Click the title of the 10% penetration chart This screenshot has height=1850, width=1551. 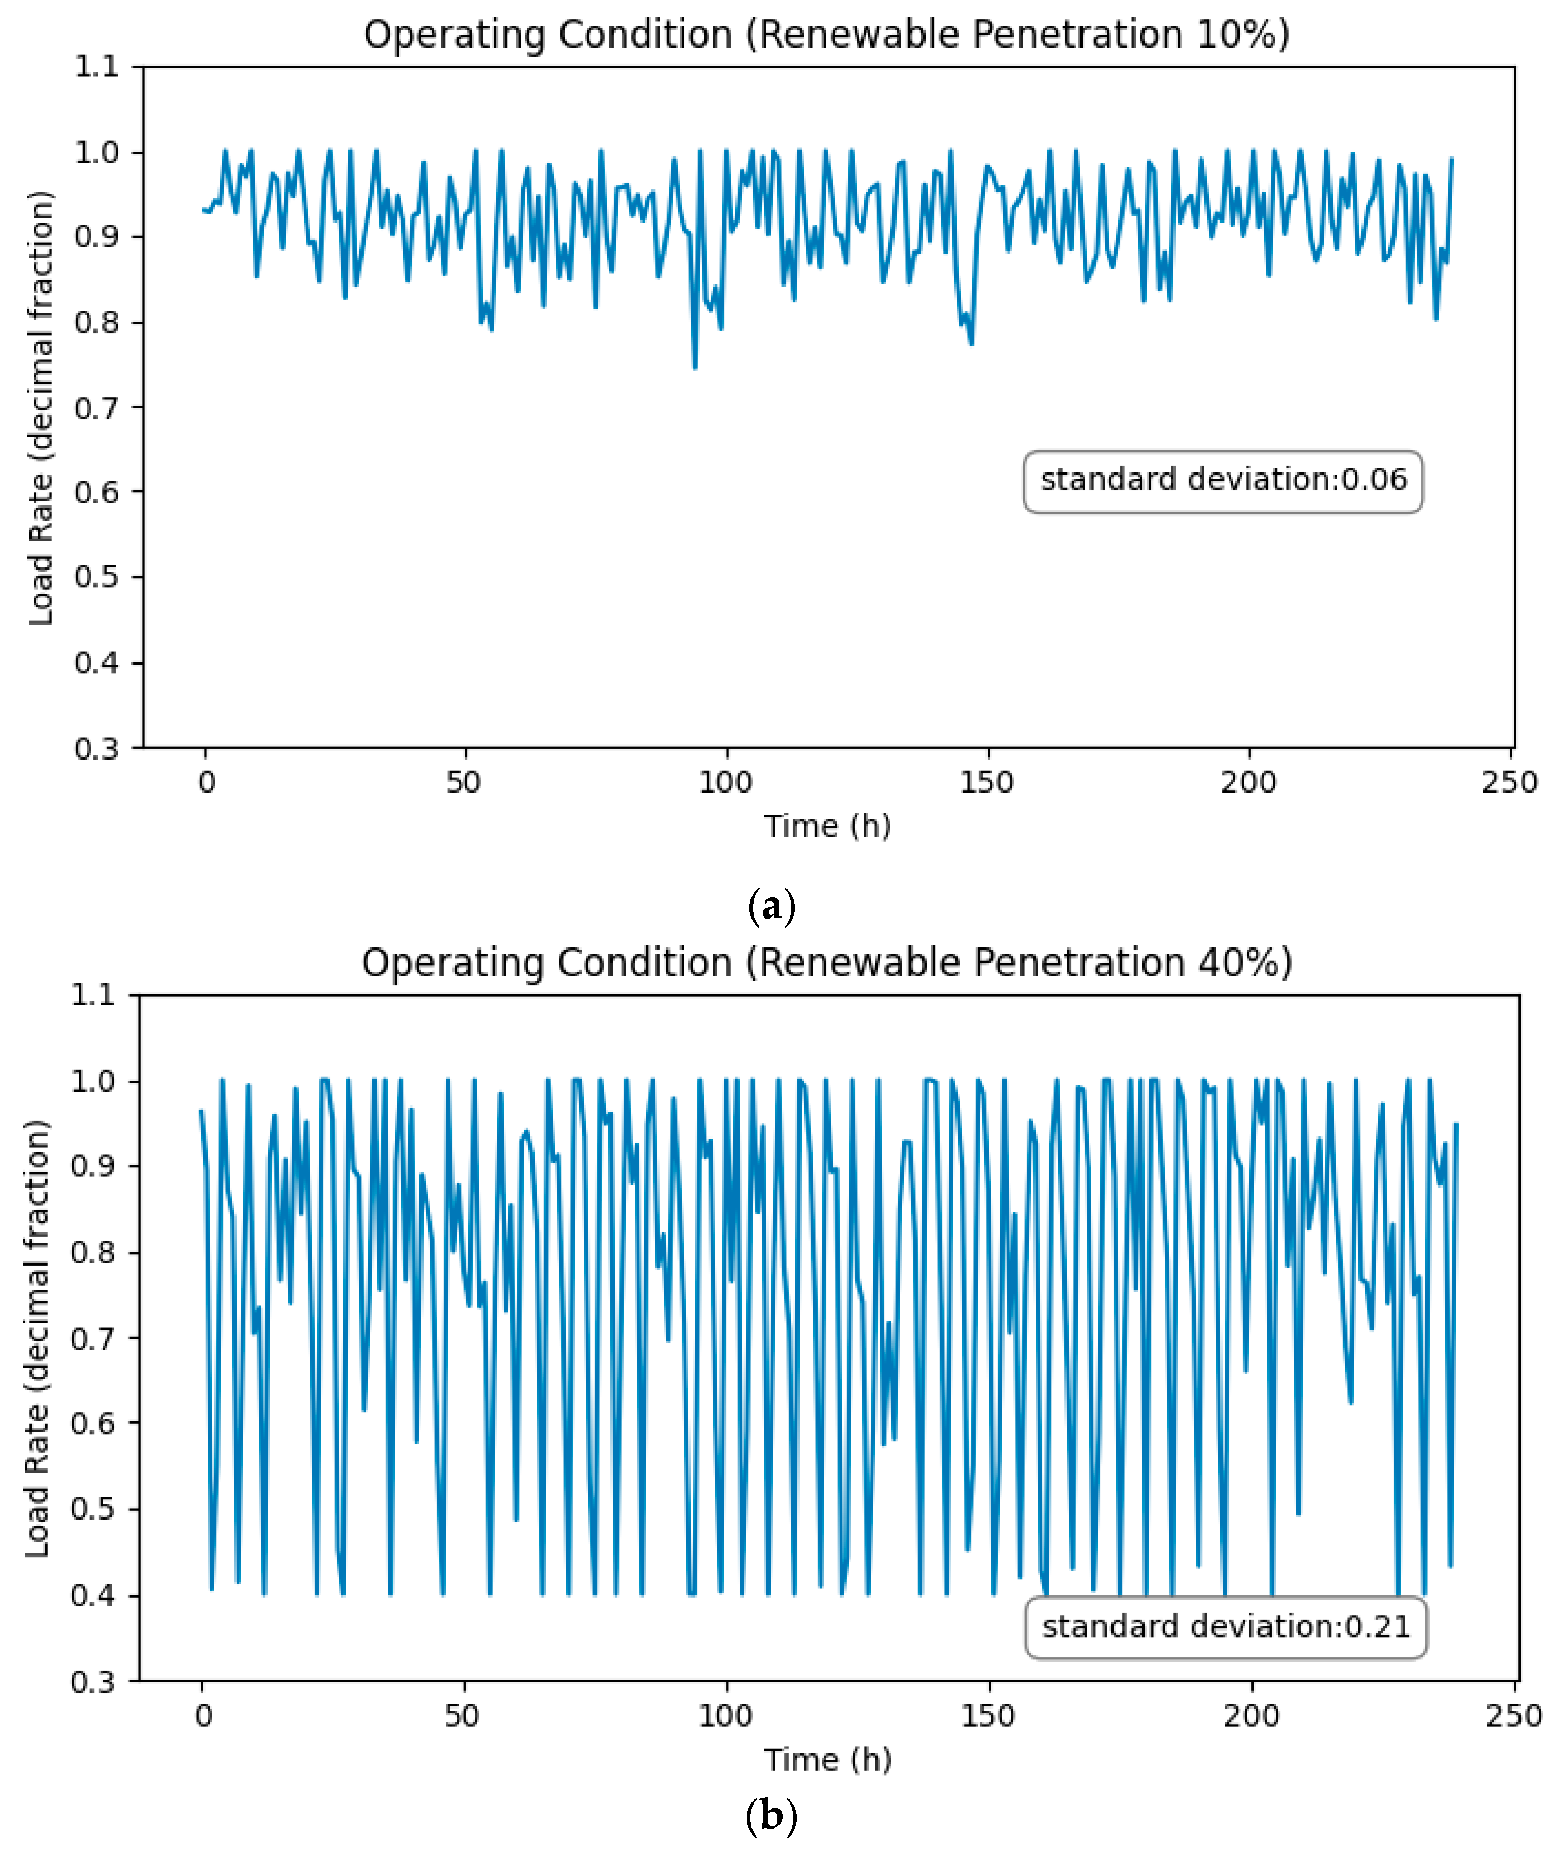(x=826, y=35)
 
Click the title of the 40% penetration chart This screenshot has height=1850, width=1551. (x=826, y=963)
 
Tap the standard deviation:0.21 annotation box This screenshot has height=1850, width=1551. (x=1226, y=1626)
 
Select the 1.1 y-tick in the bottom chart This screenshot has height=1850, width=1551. (x=93, y=995)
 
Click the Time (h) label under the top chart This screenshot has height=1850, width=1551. (x=826, y=826)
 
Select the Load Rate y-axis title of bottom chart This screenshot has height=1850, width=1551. (x=37, y=1339)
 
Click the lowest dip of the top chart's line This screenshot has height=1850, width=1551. (x=695, y=367)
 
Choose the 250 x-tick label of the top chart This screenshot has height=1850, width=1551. (x=1509, y=782)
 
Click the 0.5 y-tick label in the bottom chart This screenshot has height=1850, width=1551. (x=93, y=1509)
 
